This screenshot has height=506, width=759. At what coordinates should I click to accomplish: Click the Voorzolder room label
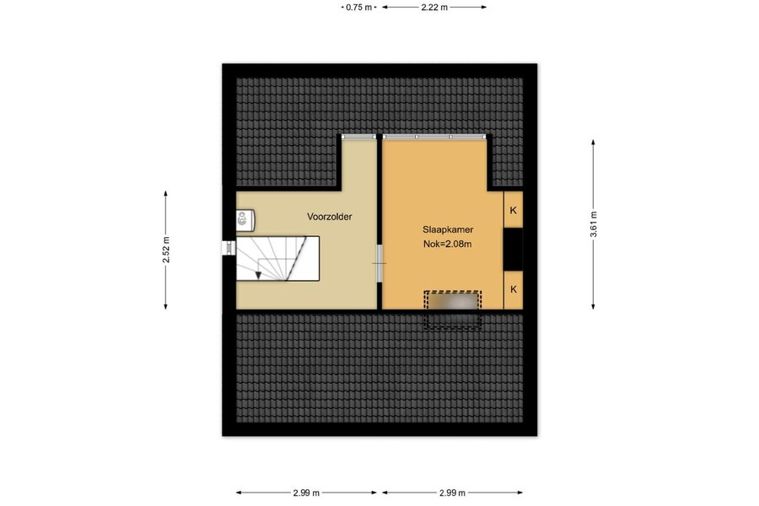click(x=329, y=217)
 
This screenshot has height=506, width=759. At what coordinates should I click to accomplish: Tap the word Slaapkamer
click(x=448, y=229)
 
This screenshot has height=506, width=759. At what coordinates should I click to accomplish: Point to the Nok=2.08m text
click(x=447, y=244)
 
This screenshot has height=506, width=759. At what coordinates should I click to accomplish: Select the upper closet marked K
click(x=513, y=210)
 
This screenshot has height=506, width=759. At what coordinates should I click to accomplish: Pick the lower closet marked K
click(x=513, y=289)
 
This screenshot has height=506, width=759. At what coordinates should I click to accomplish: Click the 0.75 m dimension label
click(x=359, y=8)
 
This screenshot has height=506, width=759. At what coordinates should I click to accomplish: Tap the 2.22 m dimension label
click(x=434, y=8)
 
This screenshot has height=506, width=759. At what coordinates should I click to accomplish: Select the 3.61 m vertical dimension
click(x=593, y=224)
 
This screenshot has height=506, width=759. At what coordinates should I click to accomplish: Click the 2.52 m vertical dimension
click(x=165, y=250)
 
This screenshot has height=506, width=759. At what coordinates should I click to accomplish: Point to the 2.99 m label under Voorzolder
click(x=306, y=493)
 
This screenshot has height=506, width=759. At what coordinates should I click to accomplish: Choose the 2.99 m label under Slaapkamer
click(x=453, y=493)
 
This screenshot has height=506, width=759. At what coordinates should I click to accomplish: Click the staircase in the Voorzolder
click(x=277, y=259)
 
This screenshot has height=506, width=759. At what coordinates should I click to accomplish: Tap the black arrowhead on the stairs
click(x=259, y=276)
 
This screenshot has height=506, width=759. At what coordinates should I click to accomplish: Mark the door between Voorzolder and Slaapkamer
click(x=379, y=263)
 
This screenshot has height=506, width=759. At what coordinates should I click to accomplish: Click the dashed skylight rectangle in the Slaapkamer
click(x=453, y=310)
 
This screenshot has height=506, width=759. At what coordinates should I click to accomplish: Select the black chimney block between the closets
click(x=513, y=250)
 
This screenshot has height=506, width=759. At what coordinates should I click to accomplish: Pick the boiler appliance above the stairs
click(x=245, y=219)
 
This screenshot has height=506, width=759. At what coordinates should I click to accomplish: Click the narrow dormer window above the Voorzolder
click(x=358, y=137)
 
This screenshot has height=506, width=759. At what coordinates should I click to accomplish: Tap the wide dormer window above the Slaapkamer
click(x=434, y=137)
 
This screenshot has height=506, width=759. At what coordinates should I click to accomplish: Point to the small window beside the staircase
click(x=229, y=247)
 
